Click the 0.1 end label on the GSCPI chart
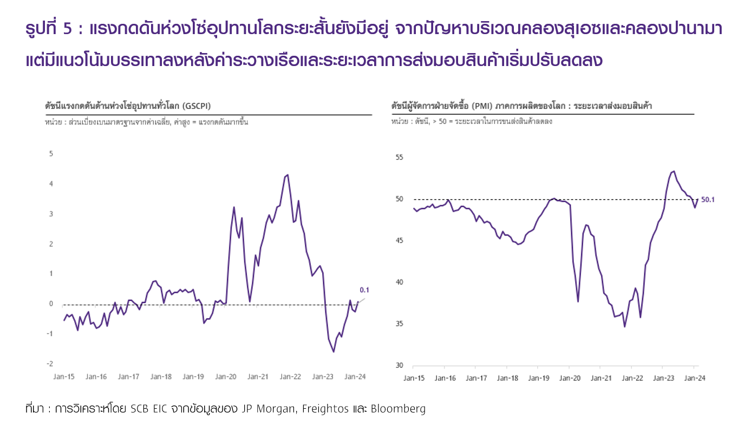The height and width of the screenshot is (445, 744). pyautogui.click(x=364, y=290)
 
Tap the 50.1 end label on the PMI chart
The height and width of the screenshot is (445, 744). pyautogui.click(x=709, y=200)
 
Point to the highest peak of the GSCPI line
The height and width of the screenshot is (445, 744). pyautogui.click(x=287, y=175)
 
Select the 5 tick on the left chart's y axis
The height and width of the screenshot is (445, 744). pyautogui.click(x=51, y=154)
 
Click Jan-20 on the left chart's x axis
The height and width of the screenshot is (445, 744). pyautogui.click(x=225, y=376)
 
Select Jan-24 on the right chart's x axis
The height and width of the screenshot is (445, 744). pyautogui.click(x=694, y=378)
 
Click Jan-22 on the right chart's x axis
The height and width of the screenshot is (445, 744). pyautogui.click(x=631, y=378)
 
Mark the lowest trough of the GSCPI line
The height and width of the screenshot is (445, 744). pyautogui.click(x=334, y=352)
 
